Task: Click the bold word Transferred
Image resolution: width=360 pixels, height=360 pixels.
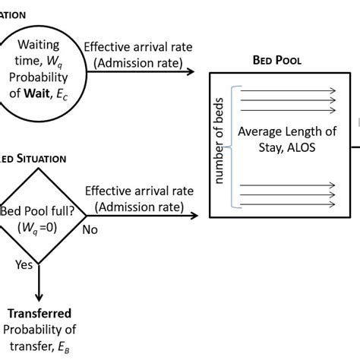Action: (39, 313)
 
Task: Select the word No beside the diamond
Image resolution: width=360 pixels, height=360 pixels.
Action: (90, 228)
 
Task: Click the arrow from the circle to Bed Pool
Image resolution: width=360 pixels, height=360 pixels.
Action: (144, 73)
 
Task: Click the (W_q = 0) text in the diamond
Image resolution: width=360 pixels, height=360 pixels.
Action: (38, 226)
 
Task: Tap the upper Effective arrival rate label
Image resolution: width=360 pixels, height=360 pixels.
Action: (138, 46)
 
